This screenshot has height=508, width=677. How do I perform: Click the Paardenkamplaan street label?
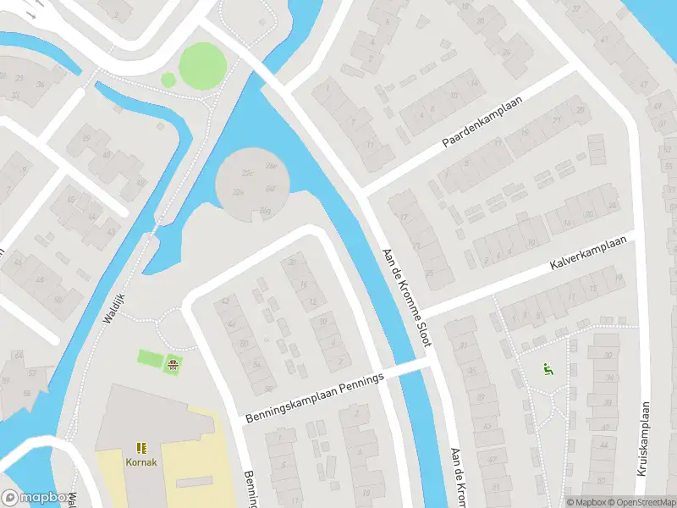482,124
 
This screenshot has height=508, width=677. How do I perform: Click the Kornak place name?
140,463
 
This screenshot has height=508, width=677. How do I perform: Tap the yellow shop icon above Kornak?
140,446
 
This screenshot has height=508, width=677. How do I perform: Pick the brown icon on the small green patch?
173,365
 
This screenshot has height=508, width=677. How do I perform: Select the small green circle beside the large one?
168,80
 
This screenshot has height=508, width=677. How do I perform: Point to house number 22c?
247,174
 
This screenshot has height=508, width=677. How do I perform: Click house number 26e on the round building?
272,166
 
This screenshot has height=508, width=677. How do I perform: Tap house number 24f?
272,187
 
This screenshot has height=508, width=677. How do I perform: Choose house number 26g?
265,209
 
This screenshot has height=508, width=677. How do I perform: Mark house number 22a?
239,194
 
